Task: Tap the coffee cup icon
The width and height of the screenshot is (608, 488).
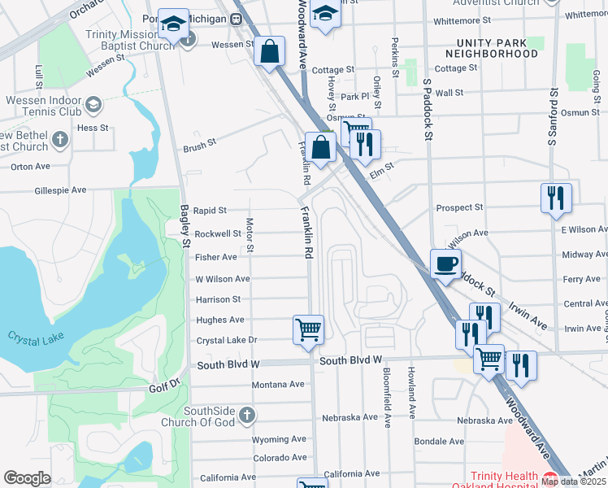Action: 445,264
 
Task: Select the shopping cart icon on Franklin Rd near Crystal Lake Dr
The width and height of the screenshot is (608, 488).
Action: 308,330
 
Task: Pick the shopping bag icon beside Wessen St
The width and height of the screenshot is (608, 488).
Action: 270,51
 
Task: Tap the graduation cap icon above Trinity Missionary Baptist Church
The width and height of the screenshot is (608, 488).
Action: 173,24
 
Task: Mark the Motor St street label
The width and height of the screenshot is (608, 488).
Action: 250,234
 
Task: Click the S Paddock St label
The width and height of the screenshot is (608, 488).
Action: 426,110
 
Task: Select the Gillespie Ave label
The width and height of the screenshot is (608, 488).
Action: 60,190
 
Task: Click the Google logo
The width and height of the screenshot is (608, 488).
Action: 27,477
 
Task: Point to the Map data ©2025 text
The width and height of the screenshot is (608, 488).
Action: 571,481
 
